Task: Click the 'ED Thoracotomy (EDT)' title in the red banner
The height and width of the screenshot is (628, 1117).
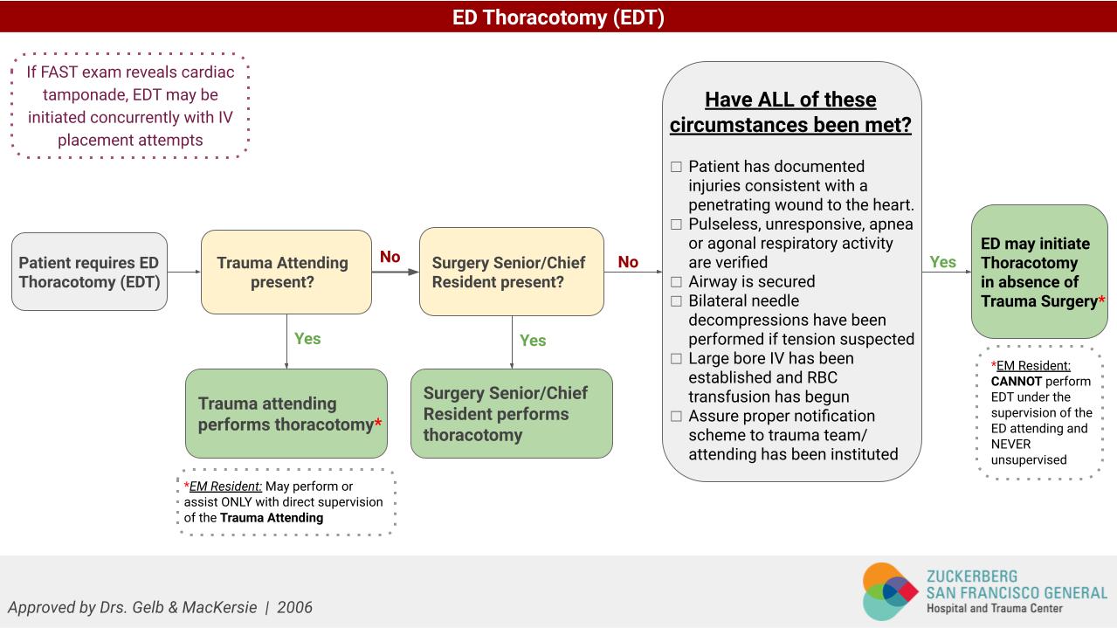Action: coord(558,17)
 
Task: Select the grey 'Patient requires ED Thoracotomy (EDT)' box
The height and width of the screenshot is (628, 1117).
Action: coord(89,272)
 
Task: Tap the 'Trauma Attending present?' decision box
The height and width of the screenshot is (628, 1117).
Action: coord(286,272)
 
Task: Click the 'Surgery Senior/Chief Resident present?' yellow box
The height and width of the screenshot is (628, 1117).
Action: coord(511,272)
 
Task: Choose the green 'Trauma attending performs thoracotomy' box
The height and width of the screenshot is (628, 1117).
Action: coord(286,414)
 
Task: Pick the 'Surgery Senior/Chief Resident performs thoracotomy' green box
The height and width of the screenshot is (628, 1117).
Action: coord(511,414)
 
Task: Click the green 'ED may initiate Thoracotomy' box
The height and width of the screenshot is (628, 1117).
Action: coord(1039,272)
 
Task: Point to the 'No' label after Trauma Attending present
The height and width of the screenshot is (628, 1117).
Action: coord(390,257)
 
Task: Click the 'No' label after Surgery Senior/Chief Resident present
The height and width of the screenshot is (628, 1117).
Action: coord(628,261)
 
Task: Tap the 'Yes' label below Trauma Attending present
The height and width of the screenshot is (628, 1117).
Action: coord(307,338)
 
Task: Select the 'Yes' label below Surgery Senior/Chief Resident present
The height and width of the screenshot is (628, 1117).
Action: coord(533,340)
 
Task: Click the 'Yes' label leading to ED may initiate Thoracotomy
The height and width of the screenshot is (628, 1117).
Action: coord(943,261)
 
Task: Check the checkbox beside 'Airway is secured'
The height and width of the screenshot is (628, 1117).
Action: coord(676,282)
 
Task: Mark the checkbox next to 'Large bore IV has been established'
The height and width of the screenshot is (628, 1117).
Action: coord(676,359)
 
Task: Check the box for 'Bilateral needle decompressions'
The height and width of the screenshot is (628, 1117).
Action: coord(676,301)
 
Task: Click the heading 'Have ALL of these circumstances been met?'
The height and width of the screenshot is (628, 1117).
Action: coord(790,112)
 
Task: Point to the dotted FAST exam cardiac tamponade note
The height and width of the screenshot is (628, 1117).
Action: coord(130,106)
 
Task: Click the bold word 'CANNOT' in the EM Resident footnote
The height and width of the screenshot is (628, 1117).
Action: coord(1016,382)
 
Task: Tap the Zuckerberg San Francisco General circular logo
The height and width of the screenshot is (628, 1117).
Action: coord(890,591)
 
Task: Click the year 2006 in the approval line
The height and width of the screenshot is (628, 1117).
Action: coord(294,607)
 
